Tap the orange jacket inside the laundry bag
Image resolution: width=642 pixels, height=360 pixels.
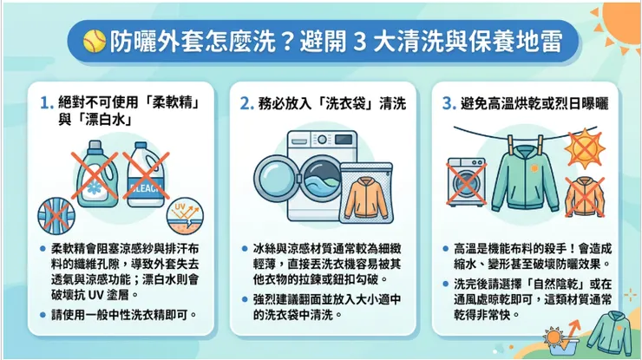pyautogui.click(x=364, y=198)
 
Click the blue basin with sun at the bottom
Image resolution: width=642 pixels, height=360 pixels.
pyautogui.click(x=556, y=338)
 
